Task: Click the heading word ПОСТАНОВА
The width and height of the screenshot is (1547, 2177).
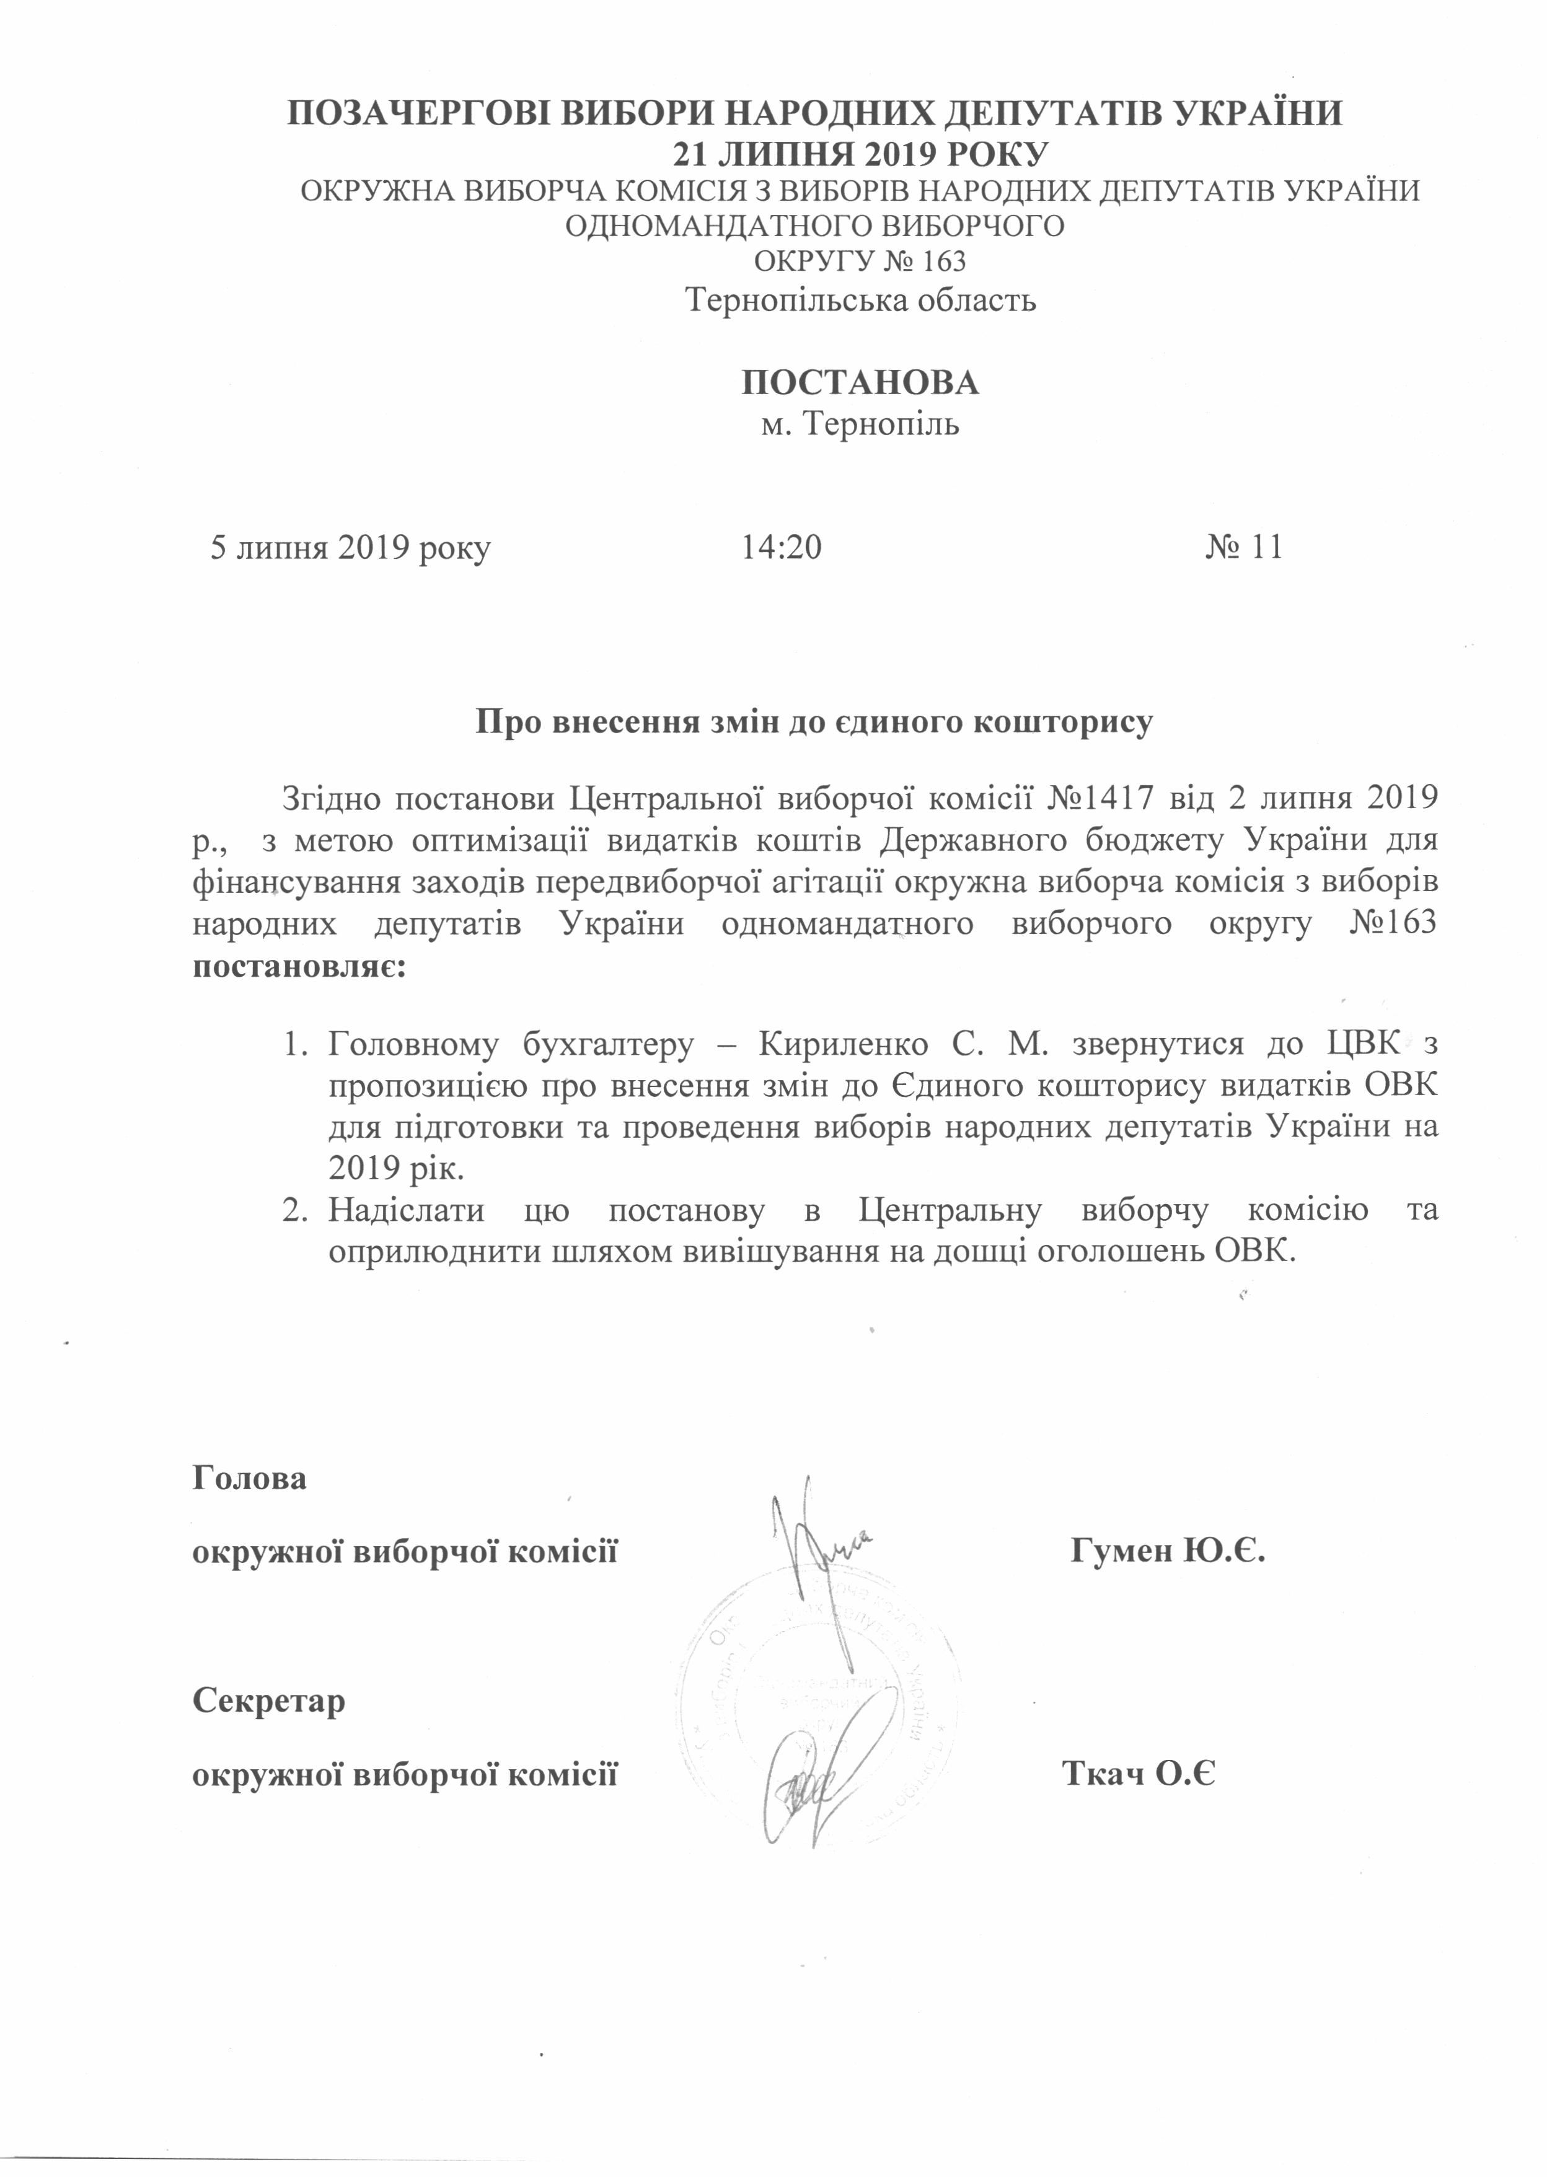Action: [x=860, y=383]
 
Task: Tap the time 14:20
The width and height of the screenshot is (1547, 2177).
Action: [x=781, y=548]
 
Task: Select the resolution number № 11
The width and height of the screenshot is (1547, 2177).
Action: [x=1243, y=548]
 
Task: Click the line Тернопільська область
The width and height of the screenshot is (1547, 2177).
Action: [x=861, y=301]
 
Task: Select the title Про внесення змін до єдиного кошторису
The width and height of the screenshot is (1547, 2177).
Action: [x=814, y=722]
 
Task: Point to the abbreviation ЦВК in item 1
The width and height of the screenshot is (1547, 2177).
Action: [x=1363, y=1045]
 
